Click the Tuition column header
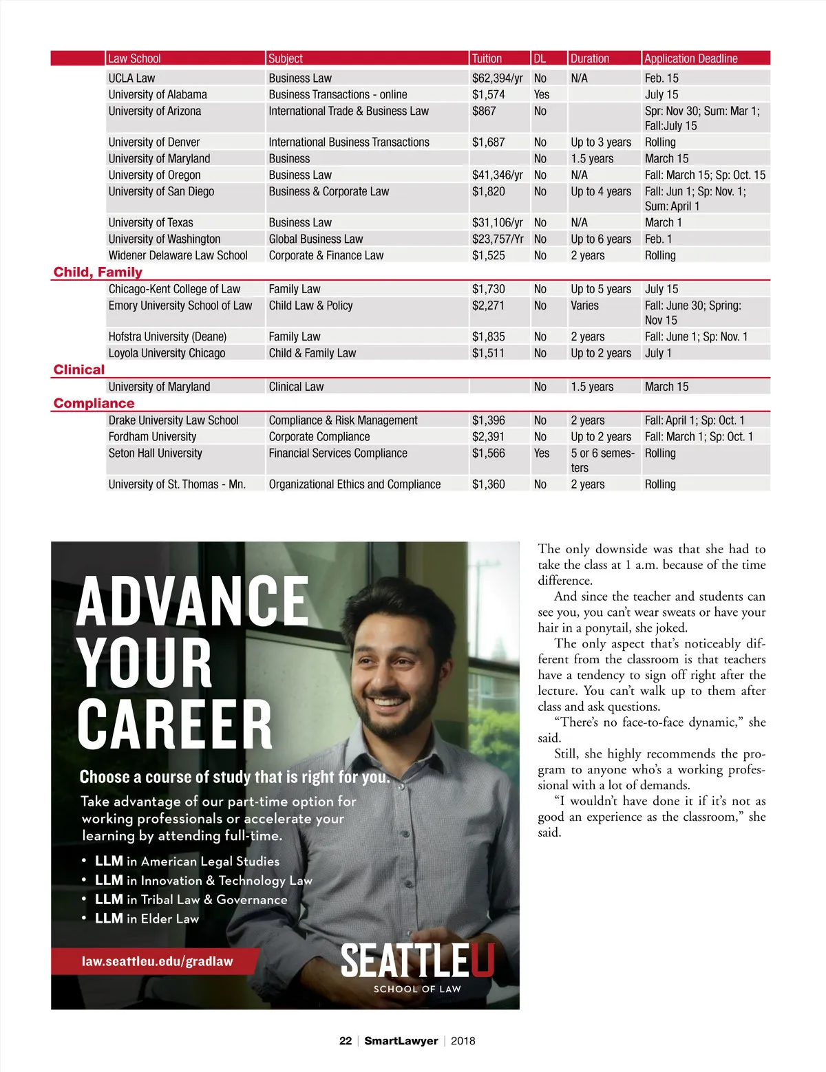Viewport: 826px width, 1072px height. point(487,58)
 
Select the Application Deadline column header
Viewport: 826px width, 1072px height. point(690,58)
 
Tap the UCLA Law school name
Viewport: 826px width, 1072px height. point(131,78)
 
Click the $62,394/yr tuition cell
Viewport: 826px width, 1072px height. point(497,78)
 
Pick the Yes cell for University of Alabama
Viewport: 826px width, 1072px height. point(542,94)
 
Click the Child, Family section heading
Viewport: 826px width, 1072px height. point(98,272)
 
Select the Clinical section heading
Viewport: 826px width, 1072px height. point(79,369)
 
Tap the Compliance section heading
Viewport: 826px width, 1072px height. point(94,403)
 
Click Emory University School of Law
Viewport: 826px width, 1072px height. point(180,305)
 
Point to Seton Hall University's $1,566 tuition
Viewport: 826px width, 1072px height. point(488,453)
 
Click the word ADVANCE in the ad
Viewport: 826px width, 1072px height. point(193,601)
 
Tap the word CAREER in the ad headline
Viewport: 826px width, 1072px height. point(175,725)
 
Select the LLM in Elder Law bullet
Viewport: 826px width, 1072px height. point(147,919)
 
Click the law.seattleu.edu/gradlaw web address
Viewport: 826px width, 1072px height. point(157,961)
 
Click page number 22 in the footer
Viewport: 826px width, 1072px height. point(346,1041)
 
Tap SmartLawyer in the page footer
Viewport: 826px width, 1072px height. point(401,1041)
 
